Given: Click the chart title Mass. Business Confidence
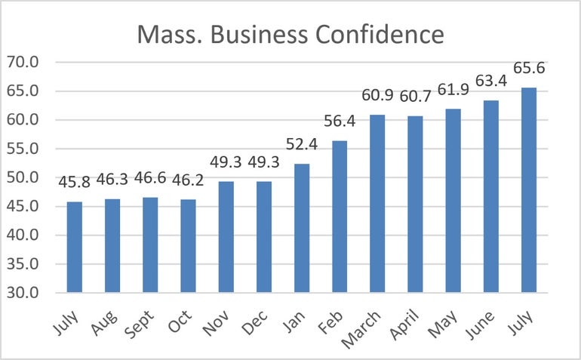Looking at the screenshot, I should (x=290, y=34).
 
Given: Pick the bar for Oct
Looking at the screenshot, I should (x=188, y=246).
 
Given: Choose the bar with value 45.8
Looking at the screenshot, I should (x=74, y=247).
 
